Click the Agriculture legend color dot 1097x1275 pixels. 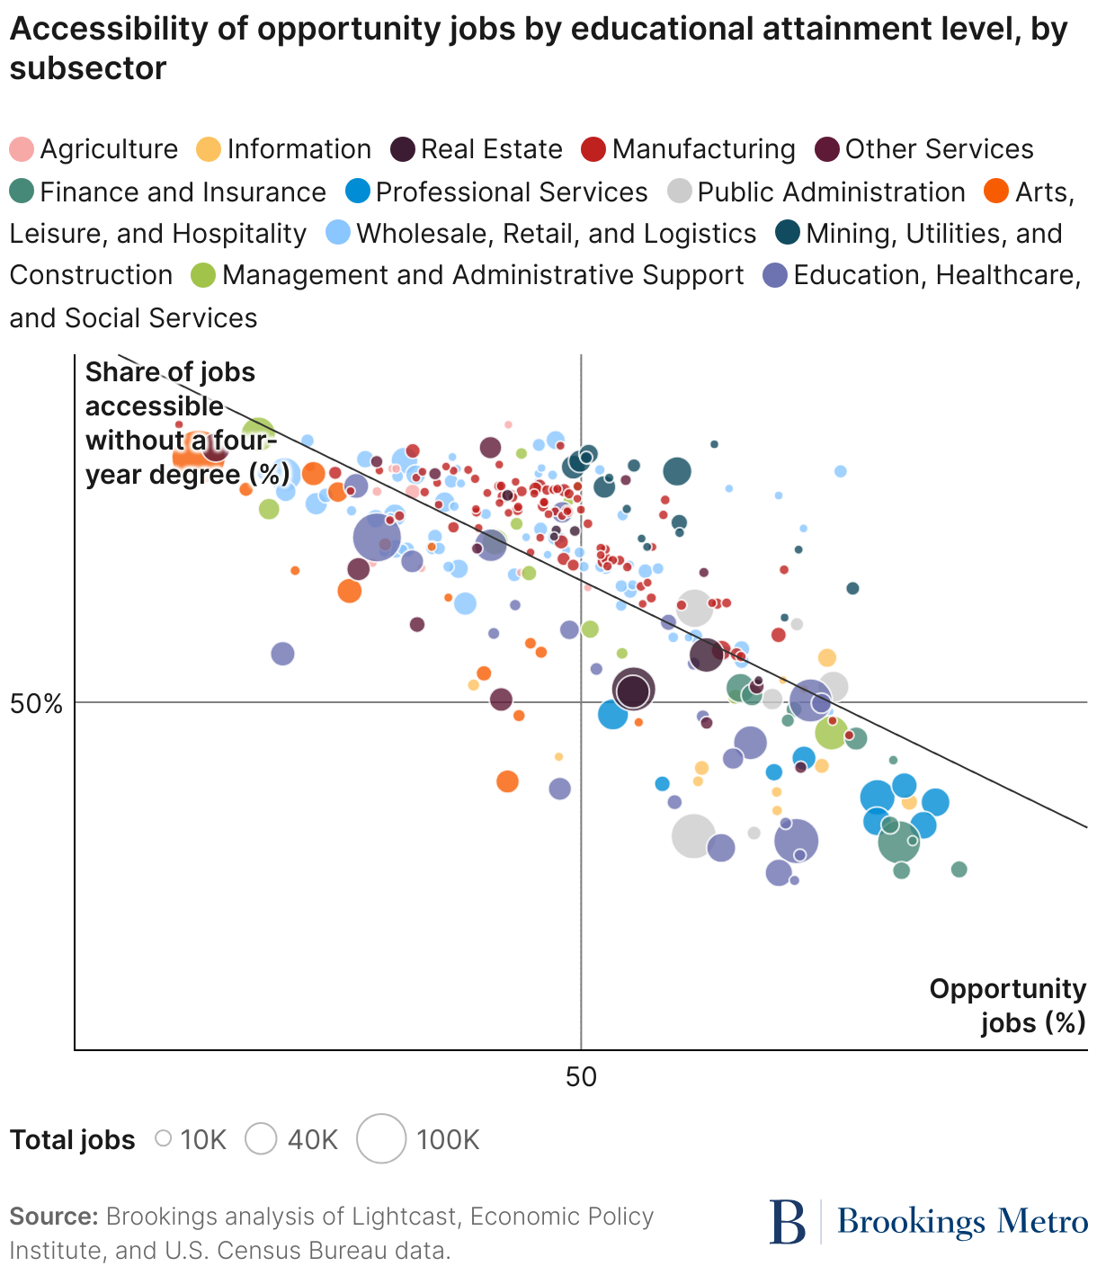[x=22, y=149]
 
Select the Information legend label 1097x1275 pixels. [x=299, y=149]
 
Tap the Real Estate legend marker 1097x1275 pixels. [x=403, y=149]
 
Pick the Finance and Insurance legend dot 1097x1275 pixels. [x=22, y=192]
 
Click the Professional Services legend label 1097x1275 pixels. [x=511, y=192]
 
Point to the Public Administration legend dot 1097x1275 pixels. [x=681, y=192]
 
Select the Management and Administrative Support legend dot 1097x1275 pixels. [x=204, y=275]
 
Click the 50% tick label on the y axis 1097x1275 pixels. [x=36, y=703]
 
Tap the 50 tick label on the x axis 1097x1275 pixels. [x=581, y=1076]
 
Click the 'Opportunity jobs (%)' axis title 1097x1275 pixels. [x=1008, y=1005]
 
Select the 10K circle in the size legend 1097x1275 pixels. [x=164, y=1138]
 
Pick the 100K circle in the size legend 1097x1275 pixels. [x=381, y=1138]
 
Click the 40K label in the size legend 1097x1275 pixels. [x=312, y=1140]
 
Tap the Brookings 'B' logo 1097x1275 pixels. [x=788, y=1222]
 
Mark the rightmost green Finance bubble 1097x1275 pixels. [x=959, y=869]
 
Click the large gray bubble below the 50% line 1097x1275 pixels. [x=693, y=836]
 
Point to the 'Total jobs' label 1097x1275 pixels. [x=72, y=1140]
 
